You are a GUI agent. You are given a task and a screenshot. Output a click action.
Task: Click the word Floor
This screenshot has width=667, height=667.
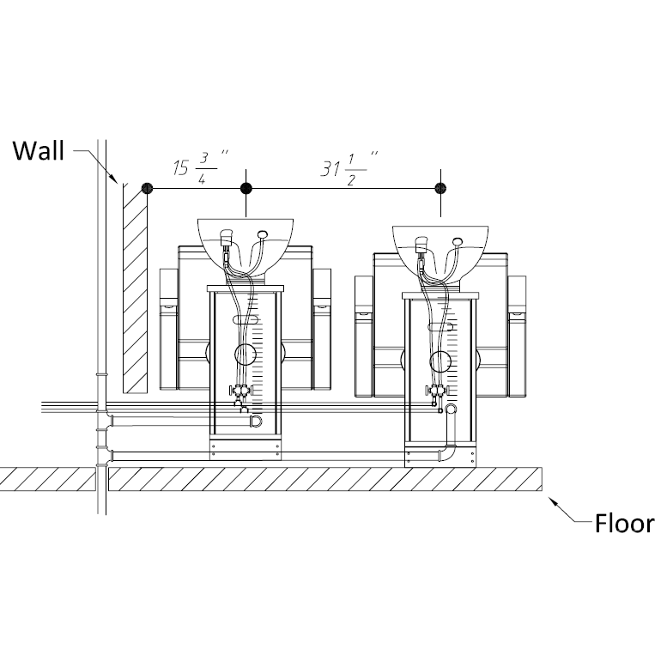click(624, 524)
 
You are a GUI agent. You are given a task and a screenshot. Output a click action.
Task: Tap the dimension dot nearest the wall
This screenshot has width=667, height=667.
click(148, 188)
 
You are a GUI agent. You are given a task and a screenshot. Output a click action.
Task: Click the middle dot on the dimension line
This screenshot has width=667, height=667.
click(246, 188)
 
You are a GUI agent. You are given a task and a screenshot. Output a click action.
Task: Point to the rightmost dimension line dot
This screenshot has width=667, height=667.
click(441, 188)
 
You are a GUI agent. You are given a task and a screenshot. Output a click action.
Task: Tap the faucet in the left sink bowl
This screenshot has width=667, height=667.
click(227, 236)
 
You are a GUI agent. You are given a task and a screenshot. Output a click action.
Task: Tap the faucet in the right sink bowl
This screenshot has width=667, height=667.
click(421, 244)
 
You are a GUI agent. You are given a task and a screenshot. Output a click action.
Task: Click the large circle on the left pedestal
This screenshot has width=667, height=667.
click(246, 354)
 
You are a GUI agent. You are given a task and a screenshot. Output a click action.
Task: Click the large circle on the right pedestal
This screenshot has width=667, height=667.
click(441, 361)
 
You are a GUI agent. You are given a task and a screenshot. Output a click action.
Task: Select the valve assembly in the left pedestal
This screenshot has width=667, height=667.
click(240, 393)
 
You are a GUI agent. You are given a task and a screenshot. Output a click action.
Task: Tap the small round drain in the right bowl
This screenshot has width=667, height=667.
click(456, 242)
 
